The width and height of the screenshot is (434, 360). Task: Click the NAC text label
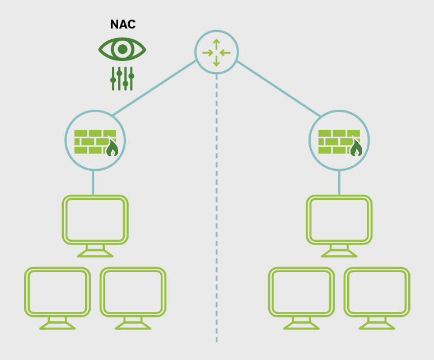(123, 25)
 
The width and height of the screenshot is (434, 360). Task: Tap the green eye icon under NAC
(122, 49)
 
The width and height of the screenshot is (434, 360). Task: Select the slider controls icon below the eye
(122, 78)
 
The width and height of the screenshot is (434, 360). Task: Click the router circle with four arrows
(217, 53)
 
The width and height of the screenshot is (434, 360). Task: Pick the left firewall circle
(95, 140)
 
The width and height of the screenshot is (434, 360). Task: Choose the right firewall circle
(339, 140)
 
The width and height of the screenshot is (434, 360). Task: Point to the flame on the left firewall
(112, 148)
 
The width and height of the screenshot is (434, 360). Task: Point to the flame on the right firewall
(356, 148)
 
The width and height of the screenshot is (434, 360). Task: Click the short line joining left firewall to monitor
(93, 182)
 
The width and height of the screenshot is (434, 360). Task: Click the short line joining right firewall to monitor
(339, 182)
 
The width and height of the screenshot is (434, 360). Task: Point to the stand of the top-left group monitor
(95, 251)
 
